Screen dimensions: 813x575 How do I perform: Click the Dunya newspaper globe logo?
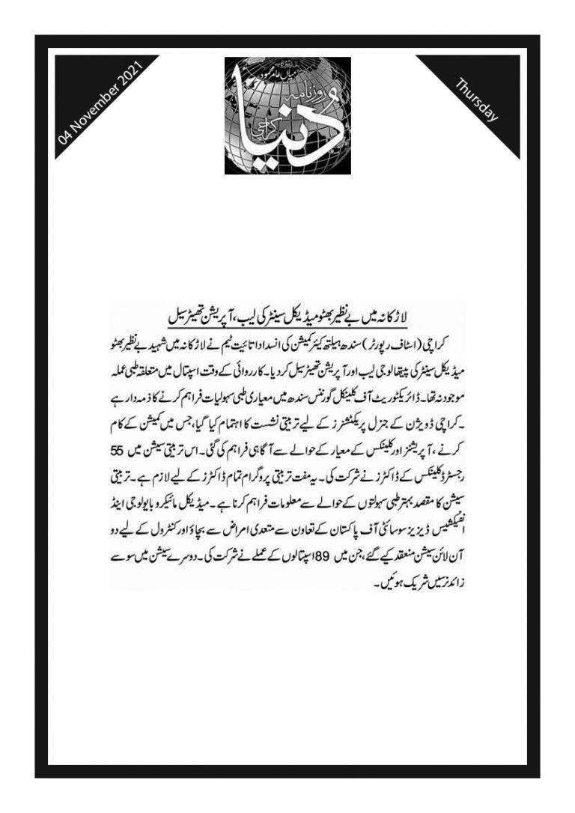[287, 116]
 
